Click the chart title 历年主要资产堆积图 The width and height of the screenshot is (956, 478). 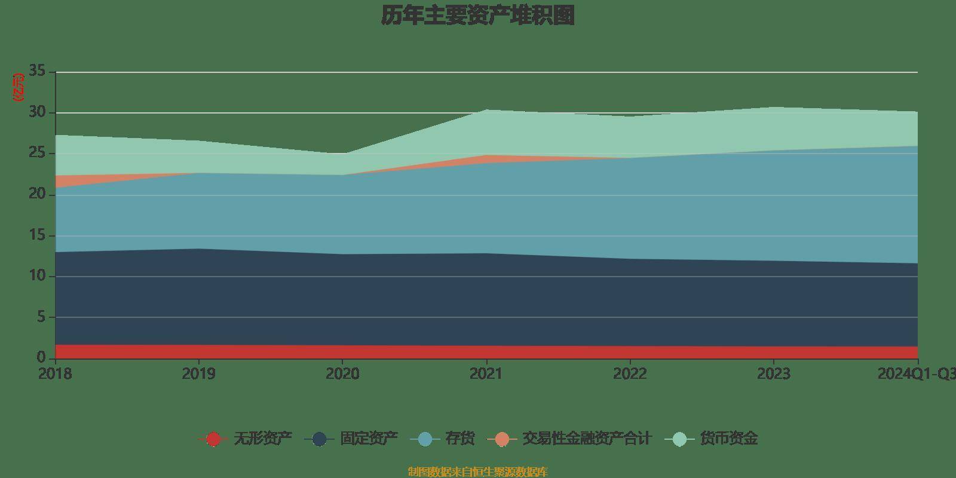(477, 16)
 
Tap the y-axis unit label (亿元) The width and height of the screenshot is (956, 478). (19, 87)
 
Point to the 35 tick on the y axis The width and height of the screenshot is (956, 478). (37, 71)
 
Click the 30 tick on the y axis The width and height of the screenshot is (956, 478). (37, 112)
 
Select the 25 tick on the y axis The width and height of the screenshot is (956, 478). (37, 153)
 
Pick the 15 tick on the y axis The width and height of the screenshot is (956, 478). (37, 235)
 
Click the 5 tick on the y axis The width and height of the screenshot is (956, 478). (41, 317)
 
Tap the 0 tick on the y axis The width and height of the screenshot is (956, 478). (41, 357)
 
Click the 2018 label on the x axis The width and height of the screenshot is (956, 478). (55, 374)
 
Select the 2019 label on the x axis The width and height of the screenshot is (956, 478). (199, 374)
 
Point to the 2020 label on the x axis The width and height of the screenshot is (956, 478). (342, 374)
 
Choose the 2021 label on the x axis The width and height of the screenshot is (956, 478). (486, 374)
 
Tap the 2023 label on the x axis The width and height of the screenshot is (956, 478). (774, 374)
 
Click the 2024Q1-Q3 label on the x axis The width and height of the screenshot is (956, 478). (917, 374)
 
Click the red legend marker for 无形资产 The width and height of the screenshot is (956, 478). (213, 439)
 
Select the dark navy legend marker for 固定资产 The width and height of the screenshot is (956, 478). (320, 439)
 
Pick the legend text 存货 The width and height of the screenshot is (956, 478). (460, 439)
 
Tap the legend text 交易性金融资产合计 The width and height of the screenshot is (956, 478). (586, 439)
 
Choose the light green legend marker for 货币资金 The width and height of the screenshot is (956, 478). (679, 439)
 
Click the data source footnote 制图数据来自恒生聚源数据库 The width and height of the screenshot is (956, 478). (477, 472)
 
